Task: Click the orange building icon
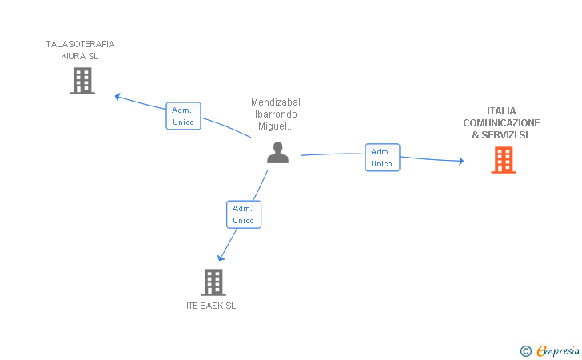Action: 504,160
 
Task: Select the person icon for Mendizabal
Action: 277,152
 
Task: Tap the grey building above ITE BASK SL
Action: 213,282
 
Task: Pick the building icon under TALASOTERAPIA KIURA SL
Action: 82,81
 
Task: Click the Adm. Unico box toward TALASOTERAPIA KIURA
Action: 183,116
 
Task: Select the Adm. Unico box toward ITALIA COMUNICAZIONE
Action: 382,158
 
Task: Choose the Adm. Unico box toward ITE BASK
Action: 244,214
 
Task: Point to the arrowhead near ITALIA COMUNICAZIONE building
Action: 461,161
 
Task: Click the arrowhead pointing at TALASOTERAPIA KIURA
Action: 118,97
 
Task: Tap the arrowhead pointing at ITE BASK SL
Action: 221,258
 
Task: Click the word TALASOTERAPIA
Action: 80,44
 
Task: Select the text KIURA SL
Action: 79,56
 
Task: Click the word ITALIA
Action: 501,111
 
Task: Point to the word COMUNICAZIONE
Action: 501,123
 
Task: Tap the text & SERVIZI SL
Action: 501,135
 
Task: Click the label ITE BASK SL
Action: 211,306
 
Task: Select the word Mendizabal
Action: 276,102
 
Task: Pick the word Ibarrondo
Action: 276,114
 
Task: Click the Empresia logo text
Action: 558,350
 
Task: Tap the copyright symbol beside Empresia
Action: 525,351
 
